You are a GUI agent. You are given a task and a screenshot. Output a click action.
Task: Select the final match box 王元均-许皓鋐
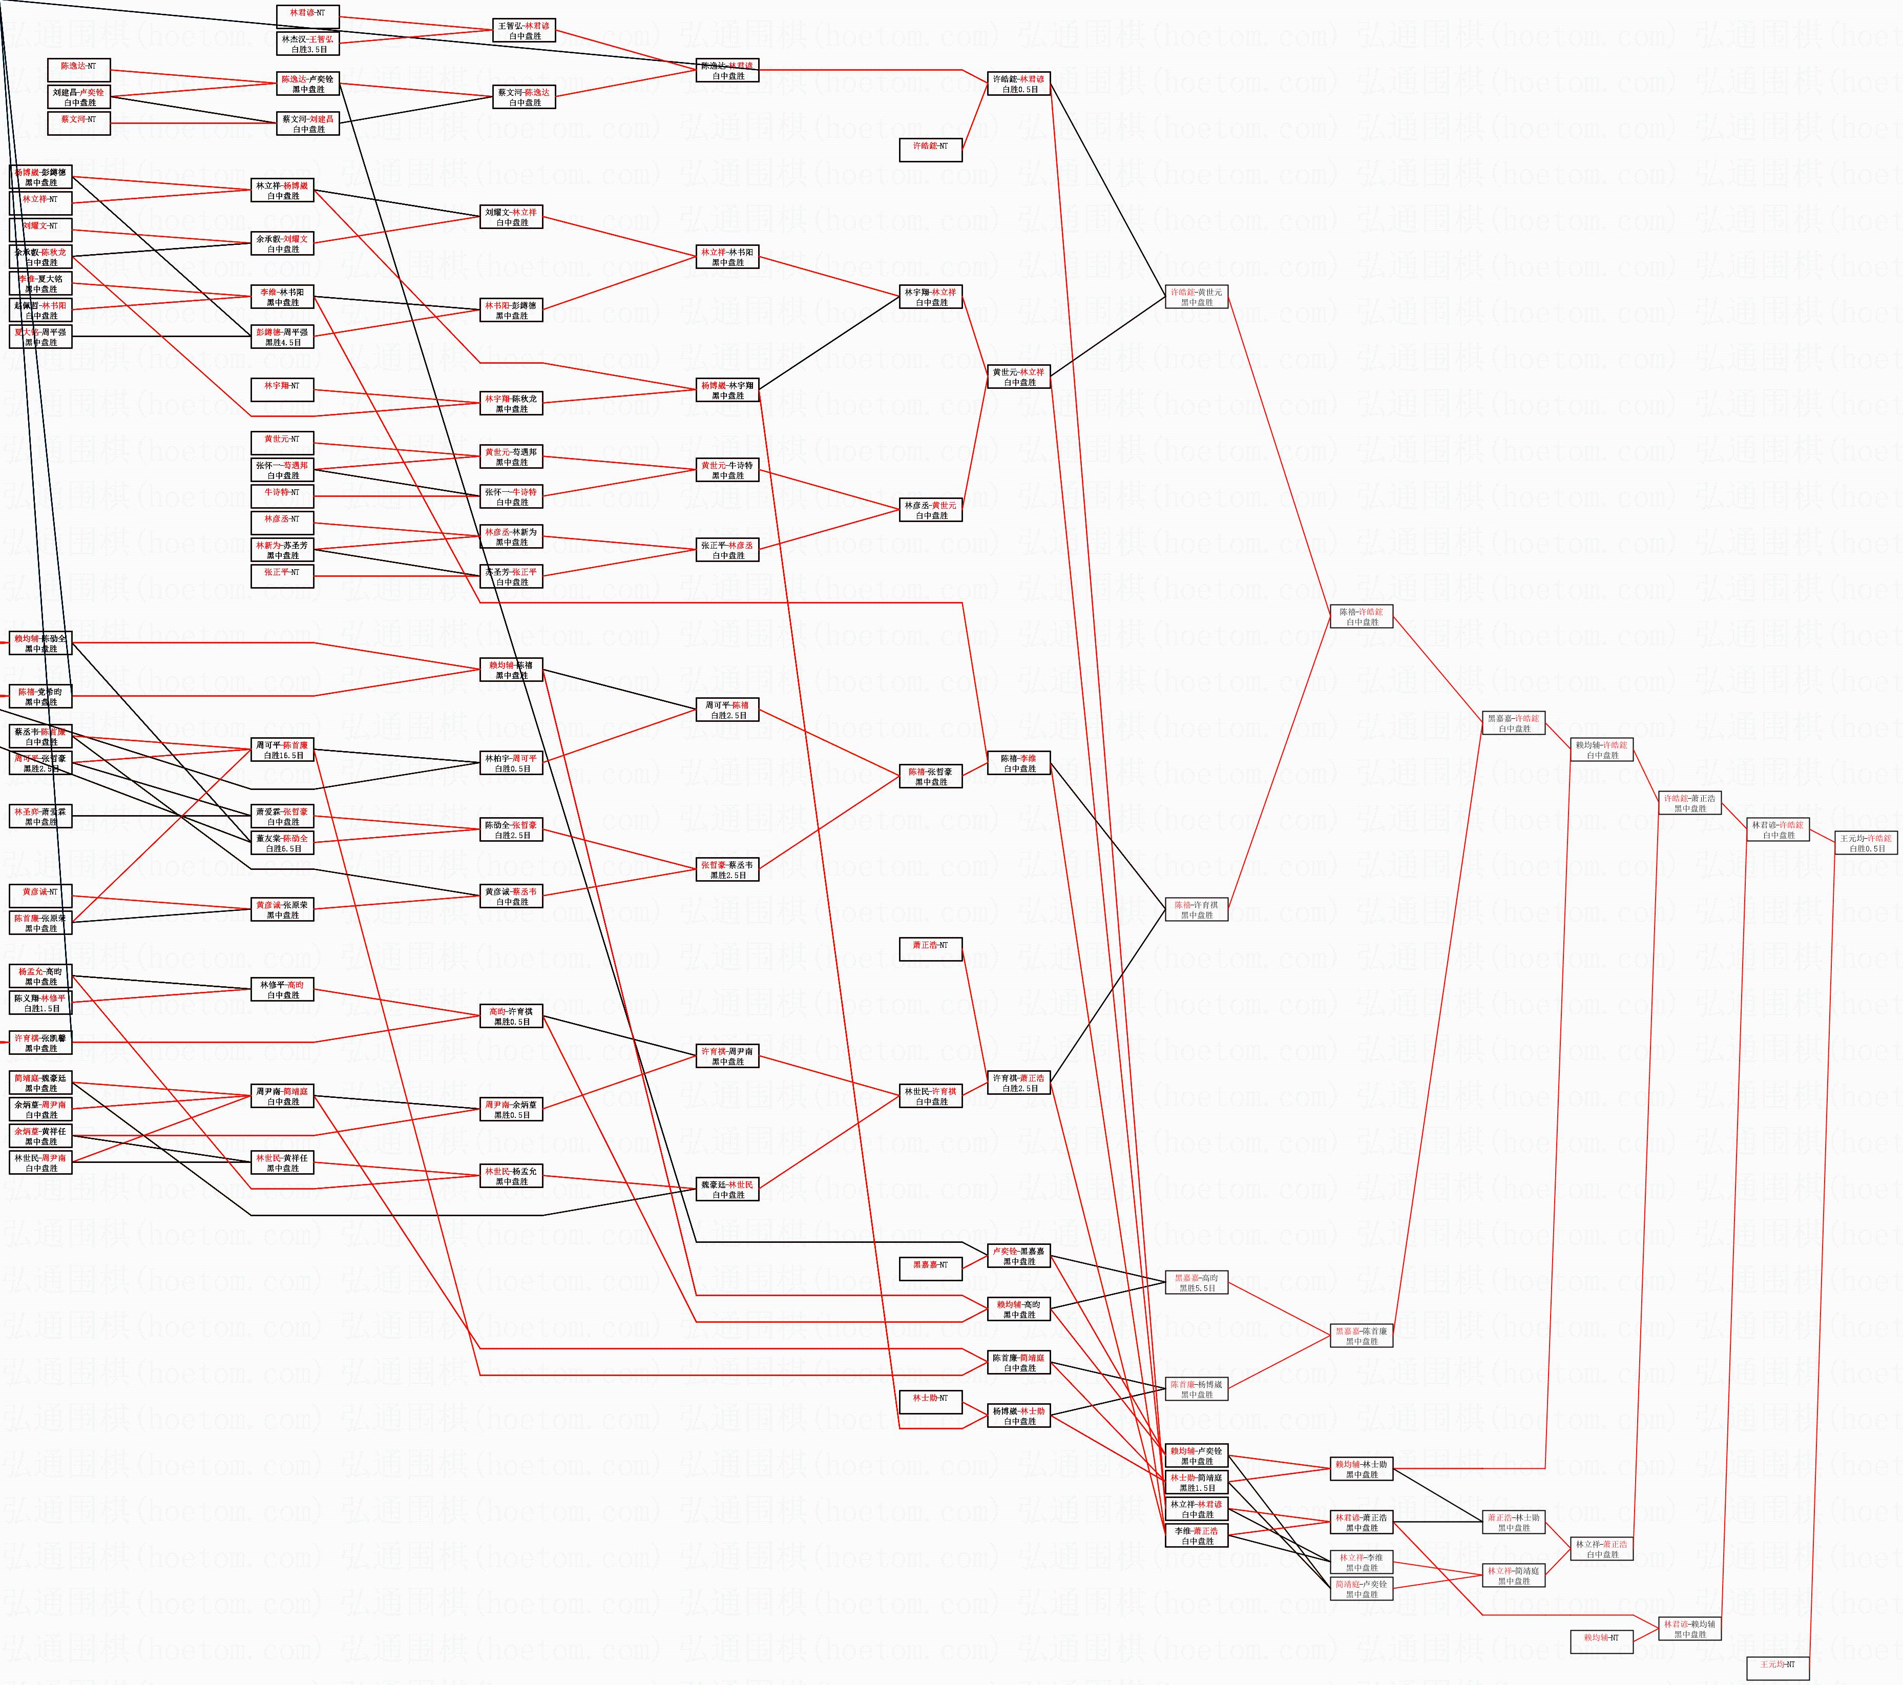[x=1866, y=842]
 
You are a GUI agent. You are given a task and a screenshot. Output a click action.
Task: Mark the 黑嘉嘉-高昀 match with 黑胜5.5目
[x=1197, y=1283]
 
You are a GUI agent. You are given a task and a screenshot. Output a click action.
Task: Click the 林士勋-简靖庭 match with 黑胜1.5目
[x=1197, y=1482]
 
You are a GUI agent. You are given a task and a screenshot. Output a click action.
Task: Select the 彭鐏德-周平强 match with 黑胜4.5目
[x=282, y=336]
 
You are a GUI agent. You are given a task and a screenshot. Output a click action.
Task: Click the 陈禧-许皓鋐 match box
[x=1361, y=616]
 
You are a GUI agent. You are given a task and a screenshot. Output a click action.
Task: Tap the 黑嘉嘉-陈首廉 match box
[x=1361, y=1336]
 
